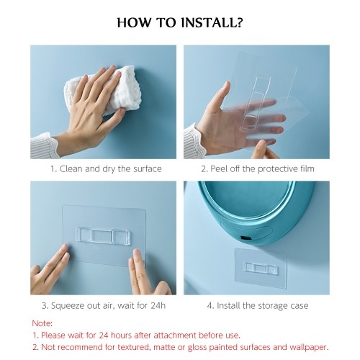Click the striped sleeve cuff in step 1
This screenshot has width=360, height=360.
pyautogui.click(x=44, y=145)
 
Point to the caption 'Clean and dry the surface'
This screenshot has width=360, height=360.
pyautogui.click(x=110, y=169)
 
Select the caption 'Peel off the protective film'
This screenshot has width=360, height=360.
pyautogui.click(x=262, y=169)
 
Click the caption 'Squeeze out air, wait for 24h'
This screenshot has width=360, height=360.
pyautogui.click(x=108, y=306)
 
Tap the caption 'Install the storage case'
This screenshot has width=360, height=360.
pyautogui.click(x=263, y=306)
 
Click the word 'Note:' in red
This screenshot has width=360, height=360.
pyautogui.click(x=42, y=323)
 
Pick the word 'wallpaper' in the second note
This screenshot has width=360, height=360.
pyautogui.click(x=308, y=347)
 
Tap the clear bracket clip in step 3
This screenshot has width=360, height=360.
pyautogui.click(x=103, y=235)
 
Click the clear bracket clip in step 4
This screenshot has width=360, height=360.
pyautogui.click(x=261, y=269)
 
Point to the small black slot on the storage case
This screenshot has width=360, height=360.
pyautogui.click(x=246, y=238)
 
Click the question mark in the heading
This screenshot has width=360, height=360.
pyautogui.click(x=238, y=22)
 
